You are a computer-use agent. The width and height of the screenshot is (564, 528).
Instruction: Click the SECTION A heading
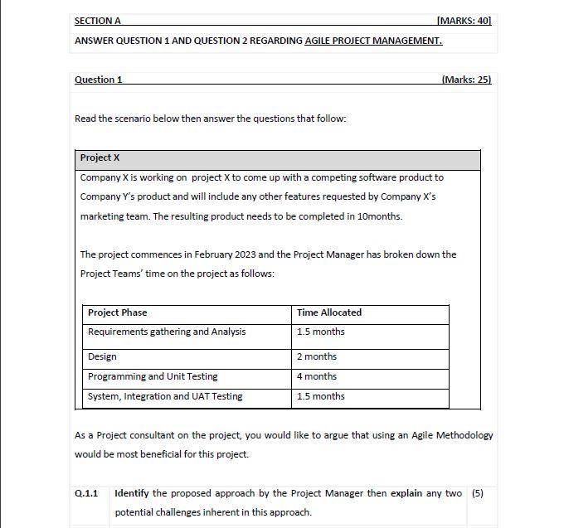(x=97, y=21)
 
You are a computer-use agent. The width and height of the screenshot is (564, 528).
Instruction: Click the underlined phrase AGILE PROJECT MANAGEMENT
(x=373, y=41)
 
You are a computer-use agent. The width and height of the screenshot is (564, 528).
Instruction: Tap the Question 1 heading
(x=99, y=80)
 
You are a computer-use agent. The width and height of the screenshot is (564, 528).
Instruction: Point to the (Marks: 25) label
(x=466, y=80)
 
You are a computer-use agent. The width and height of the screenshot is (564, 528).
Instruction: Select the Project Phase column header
(x=117, y=312)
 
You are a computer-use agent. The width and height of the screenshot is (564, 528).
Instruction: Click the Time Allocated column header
(x=328, y=312)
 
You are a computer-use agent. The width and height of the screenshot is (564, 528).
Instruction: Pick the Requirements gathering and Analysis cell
(x=167, y=332)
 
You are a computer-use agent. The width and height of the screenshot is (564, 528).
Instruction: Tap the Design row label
(x=102, y=356)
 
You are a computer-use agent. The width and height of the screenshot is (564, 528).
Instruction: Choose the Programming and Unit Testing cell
(x=153, y=376)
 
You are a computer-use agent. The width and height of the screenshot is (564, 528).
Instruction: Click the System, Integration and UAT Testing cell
(x=165, y=396)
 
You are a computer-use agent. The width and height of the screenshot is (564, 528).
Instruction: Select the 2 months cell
(x=317, y=356)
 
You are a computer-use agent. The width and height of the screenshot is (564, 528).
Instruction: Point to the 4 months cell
(x=317, y=376)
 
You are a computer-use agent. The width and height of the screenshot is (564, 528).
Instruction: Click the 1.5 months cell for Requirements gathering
(x=320, y=332)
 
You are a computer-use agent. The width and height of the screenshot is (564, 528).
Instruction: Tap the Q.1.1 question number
(x=86, y=493)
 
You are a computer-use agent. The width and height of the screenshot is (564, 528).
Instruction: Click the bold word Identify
(x=131, y=493)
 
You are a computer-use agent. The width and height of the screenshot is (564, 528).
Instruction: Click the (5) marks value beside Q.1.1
(x=477, y=493)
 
